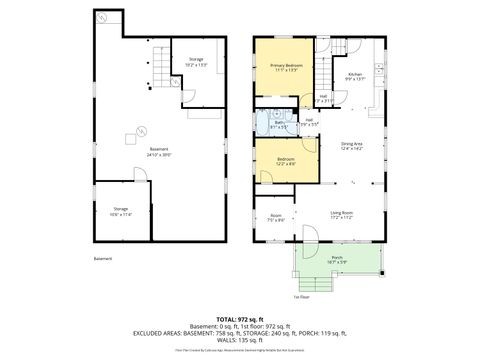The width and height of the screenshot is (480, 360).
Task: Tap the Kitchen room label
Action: tap(354, 76)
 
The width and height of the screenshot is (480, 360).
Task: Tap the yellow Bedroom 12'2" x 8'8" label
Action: tap(285, 162)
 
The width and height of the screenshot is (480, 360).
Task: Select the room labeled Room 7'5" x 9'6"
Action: tap(275, 217)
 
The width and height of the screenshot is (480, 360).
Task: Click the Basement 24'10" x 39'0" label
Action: tap(147, 152)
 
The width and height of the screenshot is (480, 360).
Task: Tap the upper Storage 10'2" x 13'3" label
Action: tap(195, 63)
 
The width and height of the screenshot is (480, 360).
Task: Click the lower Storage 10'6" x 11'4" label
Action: tap(121, 211)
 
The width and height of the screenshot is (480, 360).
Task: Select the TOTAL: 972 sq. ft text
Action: tap(239, 317)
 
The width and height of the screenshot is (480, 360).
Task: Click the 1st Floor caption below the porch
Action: tap(301, 297)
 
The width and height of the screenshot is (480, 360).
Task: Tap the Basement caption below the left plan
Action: tap(103, 259)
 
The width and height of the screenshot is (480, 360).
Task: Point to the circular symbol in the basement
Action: tap(140, 128)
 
